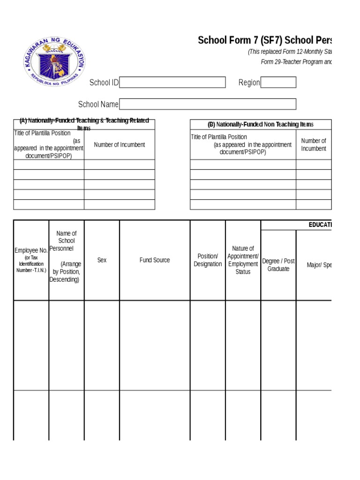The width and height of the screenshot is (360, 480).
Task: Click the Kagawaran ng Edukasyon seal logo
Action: [55, 61]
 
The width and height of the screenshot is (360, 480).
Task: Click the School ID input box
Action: [172, 82]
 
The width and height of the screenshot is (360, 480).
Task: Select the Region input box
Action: [278, 82]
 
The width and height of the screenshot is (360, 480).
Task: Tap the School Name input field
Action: [208, 104]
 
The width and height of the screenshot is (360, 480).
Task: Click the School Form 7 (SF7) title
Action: [265, 40]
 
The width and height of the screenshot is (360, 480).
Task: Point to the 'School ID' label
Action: [104, 82]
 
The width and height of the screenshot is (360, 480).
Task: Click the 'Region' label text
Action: [249, 82]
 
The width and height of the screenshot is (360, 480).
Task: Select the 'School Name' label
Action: [98, 104]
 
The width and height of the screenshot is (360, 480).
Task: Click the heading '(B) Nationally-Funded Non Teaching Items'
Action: [261, 124]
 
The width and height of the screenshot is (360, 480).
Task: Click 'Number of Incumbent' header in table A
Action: [120, 145]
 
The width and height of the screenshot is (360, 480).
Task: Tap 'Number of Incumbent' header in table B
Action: [314, 144]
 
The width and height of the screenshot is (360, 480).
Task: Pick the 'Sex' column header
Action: [102, 260]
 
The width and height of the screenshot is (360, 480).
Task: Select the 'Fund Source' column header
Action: [155, 260]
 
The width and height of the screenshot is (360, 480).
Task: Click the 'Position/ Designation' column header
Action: [208, 260]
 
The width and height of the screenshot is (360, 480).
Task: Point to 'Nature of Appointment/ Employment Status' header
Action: [243, 260]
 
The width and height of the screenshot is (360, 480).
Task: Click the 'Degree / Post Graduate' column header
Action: [278, 265]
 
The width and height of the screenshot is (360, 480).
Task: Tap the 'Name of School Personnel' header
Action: [66, 256]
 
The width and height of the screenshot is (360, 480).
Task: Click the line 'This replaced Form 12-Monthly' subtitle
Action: [290, 52]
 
